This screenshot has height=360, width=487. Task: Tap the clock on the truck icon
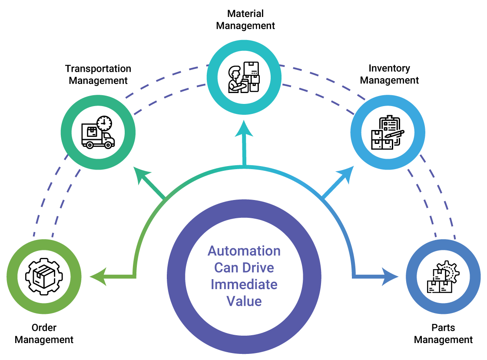103,123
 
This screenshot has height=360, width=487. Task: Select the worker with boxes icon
244,77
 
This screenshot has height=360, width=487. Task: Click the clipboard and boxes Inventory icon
387,133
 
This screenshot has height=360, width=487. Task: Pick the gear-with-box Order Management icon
44,277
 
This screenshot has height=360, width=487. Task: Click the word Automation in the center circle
244,251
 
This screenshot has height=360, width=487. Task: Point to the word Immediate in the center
244,284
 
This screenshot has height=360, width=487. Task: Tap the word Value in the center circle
244,301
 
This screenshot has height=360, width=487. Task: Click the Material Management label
245,20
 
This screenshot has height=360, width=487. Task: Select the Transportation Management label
98,74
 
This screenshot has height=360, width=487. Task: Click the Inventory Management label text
389,74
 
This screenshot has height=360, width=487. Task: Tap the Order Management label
44,333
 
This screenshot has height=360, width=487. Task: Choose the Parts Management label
443,333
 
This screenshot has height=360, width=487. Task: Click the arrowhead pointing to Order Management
98,277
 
